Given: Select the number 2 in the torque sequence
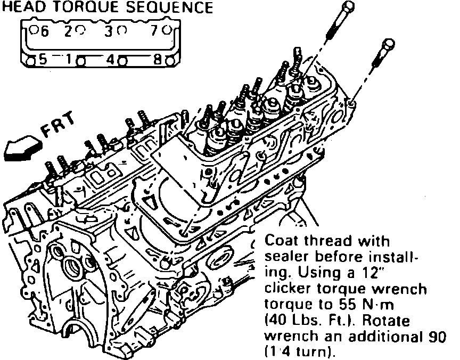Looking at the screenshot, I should click(68, 31).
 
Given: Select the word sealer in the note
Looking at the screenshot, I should click(286, 257).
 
